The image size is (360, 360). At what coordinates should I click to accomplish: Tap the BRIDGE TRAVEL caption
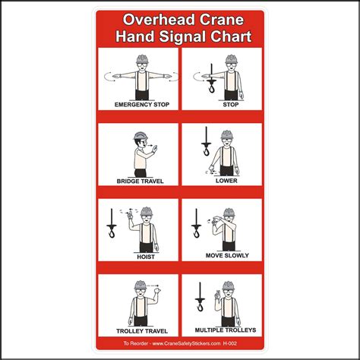[x=141, y=182]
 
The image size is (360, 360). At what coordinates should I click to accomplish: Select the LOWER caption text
[x=226, y=182]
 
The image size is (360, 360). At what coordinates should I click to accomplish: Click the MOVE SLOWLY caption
[x=226, y=256]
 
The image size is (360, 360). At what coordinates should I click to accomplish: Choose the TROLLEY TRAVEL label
[x=139, y=330]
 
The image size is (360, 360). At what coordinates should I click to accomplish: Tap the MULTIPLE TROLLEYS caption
[x=225, y=330]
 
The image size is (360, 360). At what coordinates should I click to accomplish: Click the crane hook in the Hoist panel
[x=112, y=226]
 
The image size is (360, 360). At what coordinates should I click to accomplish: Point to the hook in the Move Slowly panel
[x=197, y=226]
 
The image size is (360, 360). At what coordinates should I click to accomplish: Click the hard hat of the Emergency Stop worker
[x=141, y=59]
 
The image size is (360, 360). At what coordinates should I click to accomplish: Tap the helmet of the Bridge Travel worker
[x=139, y=137]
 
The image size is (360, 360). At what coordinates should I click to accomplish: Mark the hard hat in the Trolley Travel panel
[x=140, y=286]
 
